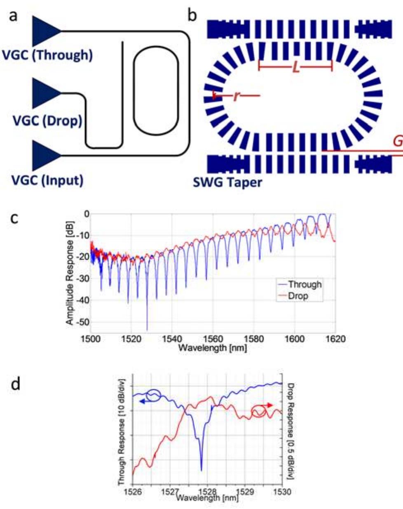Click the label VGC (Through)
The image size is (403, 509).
[47, 55]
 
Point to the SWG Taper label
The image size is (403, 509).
[227, 182]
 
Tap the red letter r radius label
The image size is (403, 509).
[237, 96]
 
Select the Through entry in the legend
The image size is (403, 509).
[304, 284]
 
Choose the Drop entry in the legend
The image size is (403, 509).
[298, 296]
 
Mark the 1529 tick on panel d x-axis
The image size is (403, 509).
[244, 492]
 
